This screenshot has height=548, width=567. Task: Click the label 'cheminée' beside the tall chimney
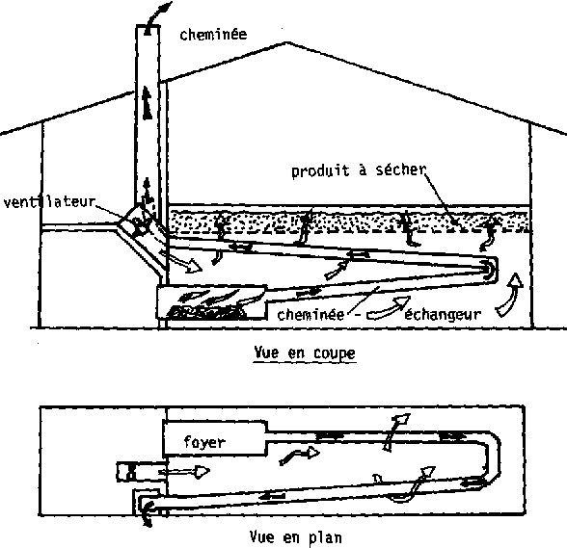(x=213, y=35)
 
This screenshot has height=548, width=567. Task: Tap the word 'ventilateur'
(x=49, y=201)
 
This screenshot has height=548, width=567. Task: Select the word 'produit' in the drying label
(x=320, y=170)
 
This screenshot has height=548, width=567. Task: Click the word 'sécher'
(x=401, y=170)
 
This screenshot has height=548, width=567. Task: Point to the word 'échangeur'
(x=443, y=315)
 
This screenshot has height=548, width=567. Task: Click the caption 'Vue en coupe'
(x=305, y=352)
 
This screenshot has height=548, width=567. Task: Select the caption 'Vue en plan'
(x=295, y=537)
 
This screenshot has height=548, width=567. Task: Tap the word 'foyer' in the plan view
(x=204, y=442)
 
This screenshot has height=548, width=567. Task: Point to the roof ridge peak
(x=287, y=42)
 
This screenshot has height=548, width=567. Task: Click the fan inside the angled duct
(x=139, y=226)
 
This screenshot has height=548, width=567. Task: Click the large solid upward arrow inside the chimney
(x=147, y=103)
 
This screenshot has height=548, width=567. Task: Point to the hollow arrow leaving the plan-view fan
(x=184, y=472)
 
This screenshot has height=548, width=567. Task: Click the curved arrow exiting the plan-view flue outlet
(x=147, y=513)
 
